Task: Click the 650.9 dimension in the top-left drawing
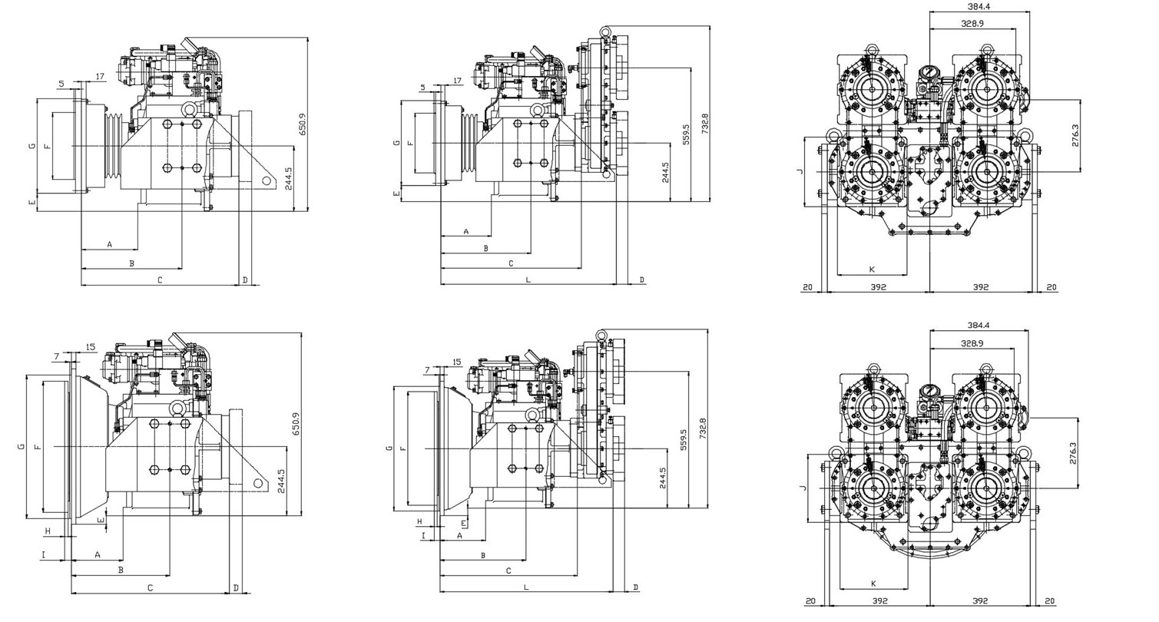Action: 303,124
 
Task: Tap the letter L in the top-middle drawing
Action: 528,280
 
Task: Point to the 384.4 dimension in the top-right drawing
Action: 978,7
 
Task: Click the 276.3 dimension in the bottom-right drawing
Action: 1072,453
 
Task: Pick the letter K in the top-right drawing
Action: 872,269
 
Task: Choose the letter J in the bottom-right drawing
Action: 803,488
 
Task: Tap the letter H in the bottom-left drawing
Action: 48,531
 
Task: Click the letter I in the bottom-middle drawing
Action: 423,536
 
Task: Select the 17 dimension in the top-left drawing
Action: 100,77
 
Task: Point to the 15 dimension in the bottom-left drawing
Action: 91,346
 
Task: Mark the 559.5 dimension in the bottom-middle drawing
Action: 684,439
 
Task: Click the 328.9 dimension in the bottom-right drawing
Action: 972,343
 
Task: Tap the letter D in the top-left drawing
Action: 246,280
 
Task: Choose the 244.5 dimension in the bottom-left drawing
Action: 281,481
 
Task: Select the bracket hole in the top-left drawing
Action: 267,180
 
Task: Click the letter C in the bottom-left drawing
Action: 150,588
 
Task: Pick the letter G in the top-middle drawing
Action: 397,144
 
